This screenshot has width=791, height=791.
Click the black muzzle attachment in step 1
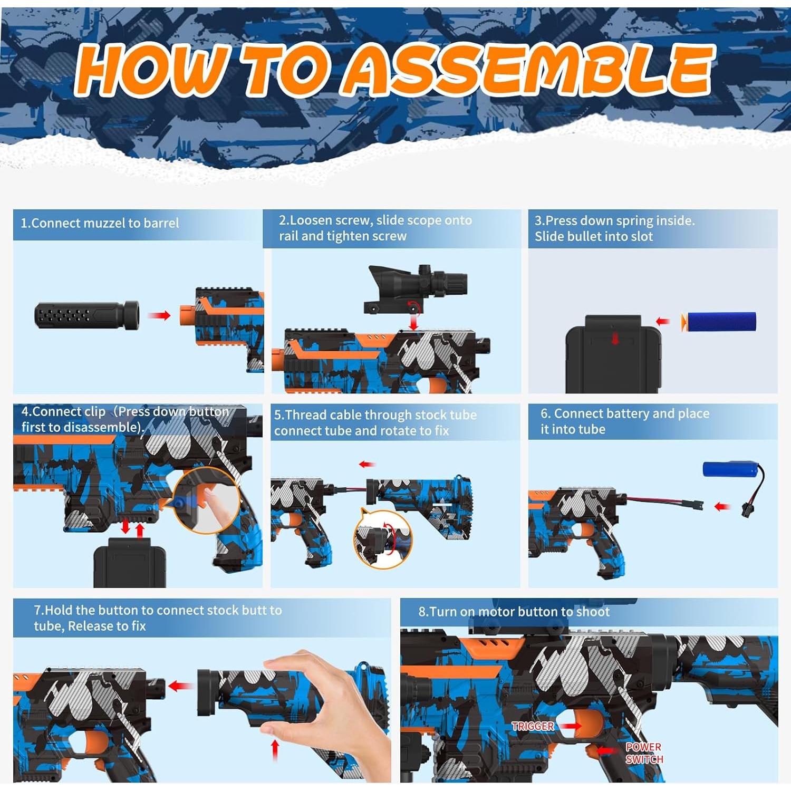pyautogui.click(x=87, y=315)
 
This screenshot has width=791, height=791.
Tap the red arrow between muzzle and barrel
pyautogui.click(x=159, y=315)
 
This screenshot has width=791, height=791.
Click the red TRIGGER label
pyautogui.click(x=533, y=726)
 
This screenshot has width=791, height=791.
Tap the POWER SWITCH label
pyautogui.click(x=643, y=753)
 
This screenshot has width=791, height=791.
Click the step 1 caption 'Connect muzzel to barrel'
pyautogui.click(x=100, y=223)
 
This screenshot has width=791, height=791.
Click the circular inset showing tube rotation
pyautogui.click(x=383, y=539)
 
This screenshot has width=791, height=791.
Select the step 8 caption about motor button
pyautogui.click(x=514, y=612)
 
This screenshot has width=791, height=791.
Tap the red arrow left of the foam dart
pyautogui.click(x=662, y=322)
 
